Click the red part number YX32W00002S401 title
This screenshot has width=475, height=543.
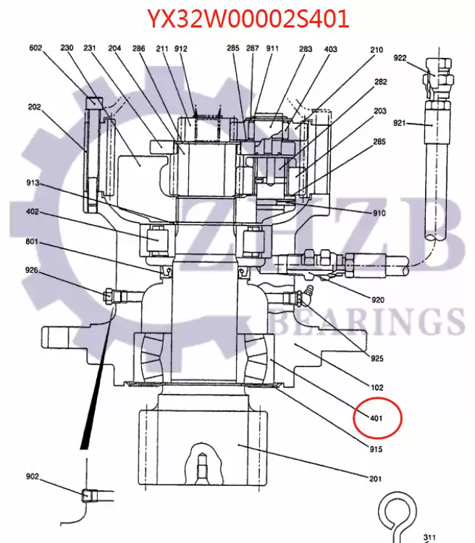coord(248,19)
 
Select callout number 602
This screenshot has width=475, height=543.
coord(35,48)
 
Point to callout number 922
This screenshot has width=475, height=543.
coord(400,58)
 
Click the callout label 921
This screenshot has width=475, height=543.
coord(399,122)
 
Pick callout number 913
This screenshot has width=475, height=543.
coord(33,182)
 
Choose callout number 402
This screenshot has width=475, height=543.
coord(33,211)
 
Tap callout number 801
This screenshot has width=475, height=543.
coord(32,241)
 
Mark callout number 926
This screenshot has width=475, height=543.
coord(32,270)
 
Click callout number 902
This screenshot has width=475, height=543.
coord(33,476)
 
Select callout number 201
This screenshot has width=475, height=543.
coord(376,479)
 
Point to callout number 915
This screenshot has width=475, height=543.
coord(376,449)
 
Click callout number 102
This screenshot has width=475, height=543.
coord(377,387)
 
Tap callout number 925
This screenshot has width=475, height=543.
coord(377,358)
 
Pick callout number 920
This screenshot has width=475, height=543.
coord(378,300)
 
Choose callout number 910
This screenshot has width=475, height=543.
coord(379,213)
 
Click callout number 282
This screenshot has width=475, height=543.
coord(380,82)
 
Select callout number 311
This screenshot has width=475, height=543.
coord(429,537)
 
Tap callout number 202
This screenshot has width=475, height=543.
coord(34,106)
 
